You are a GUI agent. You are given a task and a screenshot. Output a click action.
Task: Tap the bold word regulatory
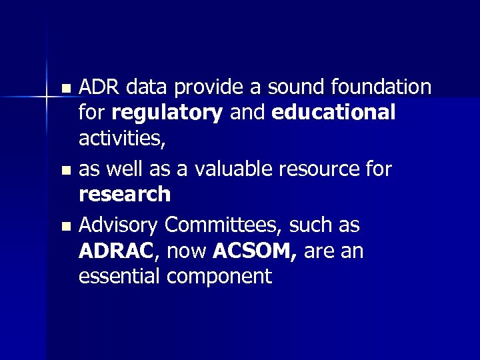coord(167,113)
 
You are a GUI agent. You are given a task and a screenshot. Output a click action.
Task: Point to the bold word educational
coord(334,112)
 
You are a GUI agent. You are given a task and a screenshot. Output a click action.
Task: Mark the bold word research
coord(125,195)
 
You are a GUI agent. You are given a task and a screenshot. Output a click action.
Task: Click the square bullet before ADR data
coord(65,88)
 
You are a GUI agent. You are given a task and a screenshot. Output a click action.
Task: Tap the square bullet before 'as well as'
coord(65,171)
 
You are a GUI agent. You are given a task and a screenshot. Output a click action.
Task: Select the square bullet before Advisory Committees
coord(65,227)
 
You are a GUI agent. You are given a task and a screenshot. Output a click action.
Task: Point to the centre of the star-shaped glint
coord(47,97)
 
